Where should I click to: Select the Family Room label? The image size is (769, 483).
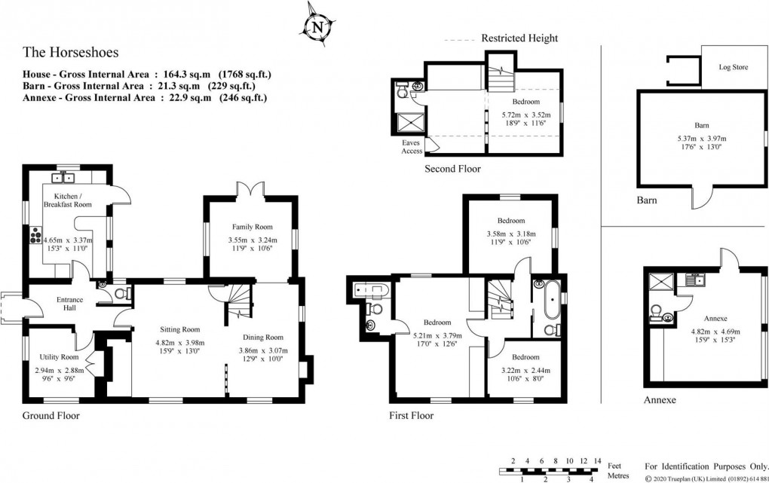251,227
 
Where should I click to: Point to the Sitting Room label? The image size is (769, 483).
179,329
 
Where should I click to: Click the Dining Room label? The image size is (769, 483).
262,337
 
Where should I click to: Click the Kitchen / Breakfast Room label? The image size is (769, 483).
69,200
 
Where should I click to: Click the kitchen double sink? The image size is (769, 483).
62,178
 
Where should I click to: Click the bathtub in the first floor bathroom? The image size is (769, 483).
548,299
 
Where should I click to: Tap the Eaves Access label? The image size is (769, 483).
412,146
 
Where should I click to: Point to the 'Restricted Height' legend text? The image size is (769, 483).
519,38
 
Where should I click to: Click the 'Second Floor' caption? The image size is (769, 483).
452,169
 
